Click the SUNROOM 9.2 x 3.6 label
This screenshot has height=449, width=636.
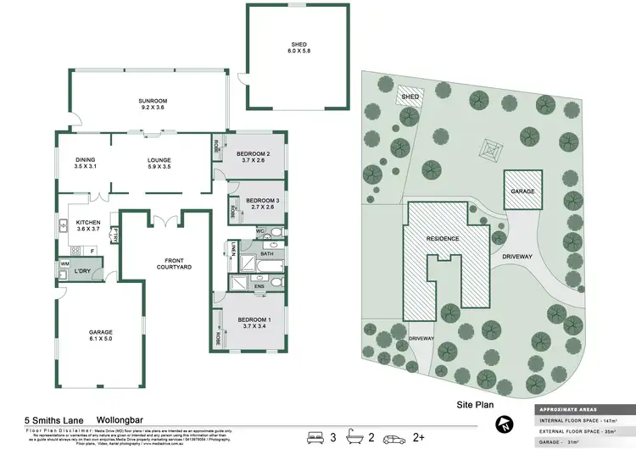[153, 106]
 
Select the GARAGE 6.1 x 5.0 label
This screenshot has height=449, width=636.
[101, 335]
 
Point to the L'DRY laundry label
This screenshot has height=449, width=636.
[82, 271]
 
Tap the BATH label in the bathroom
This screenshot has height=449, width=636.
[266, 253]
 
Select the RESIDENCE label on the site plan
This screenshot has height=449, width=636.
[442, 239]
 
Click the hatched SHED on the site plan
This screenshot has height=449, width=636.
[410, 97]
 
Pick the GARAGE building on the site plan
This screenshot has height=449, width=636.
[522, 191]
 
